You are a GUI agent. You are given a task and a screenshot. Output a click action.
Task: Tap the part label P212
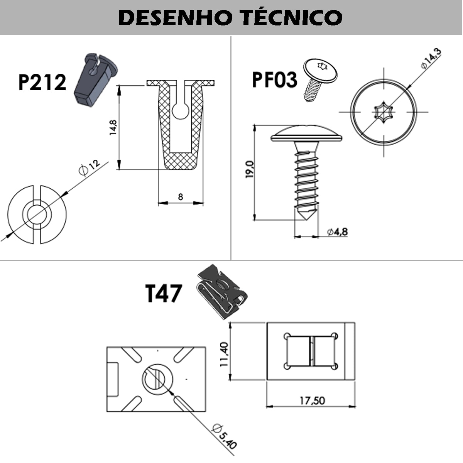(42, 83)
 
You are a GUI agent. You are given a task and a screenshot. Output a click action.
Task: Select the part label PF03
(274, 80)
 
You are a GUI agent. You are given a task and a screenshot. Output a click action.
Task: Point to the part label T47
(163, 293)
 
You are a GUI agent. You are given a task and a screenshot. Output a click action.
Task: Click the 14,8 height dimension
(113, 127)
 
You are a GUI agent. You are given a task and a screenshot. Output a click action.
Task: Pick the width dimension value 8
(181, 197)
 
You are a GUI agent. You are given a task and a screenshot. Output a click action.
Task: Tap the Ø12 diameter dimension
(90, 167)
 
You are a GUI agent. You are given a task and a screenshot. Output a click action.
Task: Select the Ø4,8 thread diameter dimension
(337, 232)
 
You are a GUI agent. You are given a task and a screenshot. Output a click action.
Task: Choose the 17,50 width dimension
(312, 400)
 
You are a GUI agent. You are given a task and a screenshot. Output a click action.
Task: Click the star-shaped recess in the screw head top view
(384, 112)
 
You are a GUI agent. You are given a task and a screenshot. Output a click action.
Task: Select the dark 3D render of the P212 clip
(94, 80)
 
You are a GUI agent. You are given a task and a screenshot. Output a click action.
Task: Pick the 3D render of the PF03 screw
(318, 79)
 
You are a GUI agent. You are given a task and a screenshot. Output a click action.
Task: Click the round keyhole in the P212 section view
(180, 111)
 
